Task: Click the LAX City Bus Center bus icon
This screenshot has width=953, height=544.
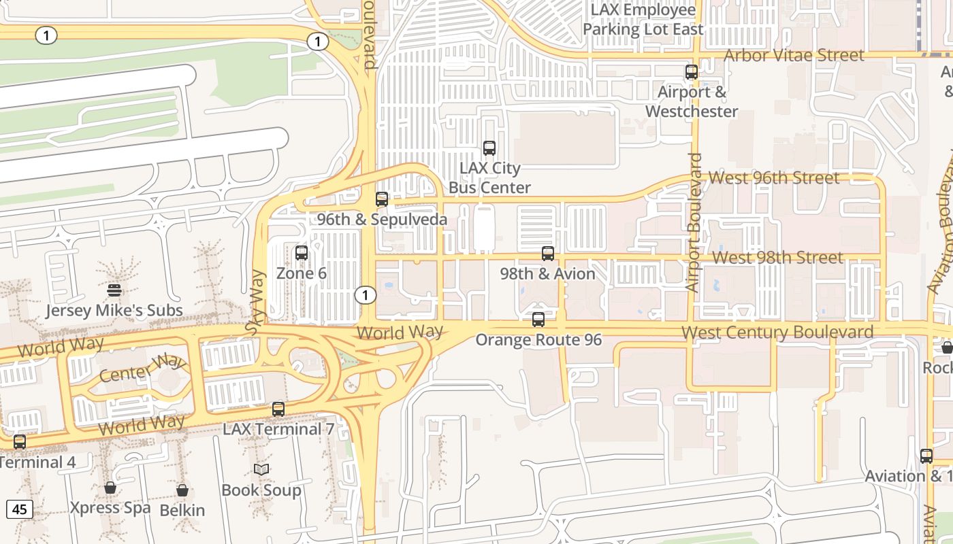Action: click(x=489, y=148)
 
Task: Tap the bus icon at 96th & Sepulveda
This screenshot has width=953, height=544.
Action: click(x=382, y=199)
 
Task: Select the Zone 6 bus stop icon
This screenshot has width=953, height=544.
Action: click(x=302, y=253)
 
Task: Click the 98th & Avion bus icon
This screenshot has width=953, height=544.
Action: click(x=548, y=254)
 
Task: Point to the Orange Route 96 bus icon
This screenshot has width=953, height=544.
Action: click(x=538, y=319)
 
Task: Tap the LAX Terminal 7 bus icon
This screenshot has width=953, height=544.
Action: click(x=278, y=409)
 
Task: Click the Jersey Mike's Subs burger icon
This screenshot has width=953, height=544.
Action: click(x=114, y=290)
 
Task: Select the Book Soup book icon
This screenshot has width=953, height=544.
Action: click(x=261, y=469)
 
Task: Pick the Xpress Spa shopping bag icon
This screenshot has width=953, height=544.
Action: click(x=110, y=488)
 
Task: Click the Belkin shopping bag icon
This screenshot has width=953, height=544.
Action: click(x=182, y=490)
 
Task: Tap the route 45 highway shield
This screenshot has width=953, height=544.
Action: click(x=19, y=509)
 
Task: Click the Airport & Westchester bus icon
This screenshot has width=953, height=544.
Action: click(x=692, y=71)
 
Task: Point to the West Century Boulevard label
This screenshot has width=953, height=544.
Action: click(x=777, y=333)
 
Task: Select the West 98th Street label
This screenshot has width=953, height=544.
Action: click(x=778, y=258)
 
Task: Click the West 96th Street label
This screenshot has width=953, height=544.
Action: click(x=774, y=178)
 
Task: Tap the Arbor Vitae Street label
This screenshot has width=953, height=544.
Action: click(x=794, y=55)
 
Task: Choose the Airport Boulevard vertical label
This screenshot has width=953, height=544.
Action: click(x=694, y=223)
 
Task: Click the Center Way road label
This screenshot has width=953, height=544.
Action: click(x=142, y=368)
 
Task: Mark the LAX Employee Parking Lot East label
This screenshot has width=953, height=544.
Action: click(x=643, y=20)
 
